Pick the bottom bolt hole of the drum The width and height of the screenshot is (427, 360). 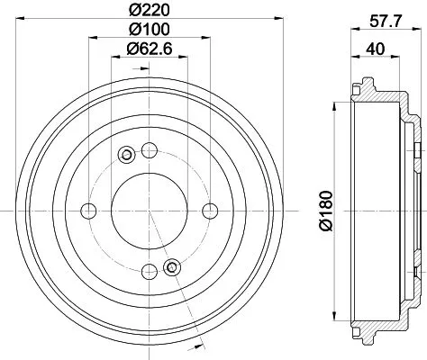[149, 270]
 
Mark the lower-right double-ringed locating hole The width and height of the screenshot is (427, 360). [173, 265]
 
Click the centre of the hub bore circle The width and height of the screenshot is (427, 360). [149, 210]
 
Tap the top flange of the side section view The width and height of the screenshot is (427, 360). [369, 90]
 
